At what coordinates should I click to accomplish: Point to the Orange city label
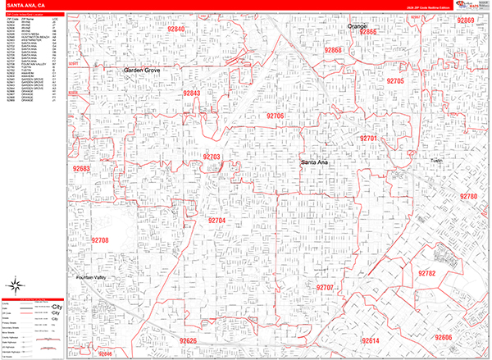[358, 26]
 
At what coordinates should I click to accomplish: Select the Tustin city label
[436, 162]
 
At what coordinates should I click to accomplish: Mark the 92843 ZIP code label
[192, 93]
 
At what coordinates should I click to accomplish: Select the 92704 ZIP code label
[216, 221]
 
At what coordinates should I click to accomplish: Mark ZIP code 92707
[324, 288]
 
